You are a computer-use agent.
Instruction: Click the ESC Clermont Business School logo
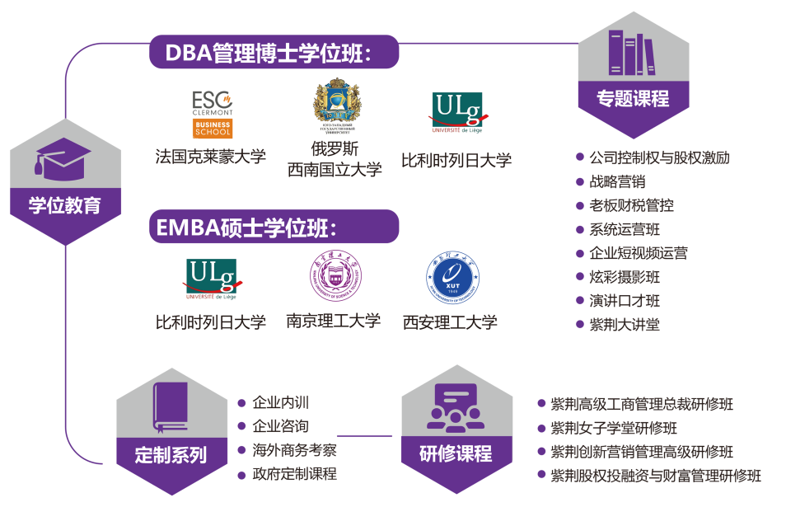click(213, 114)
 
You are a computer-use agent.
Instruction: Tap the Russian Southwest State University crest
click(338, 106)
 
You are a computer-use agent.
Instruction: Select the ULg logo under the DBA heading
click(458, 113)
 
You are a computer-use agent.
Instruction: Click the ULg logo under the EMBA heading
click(212, 279)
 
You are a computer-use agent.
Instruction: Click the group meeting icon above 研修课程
click(455, 409)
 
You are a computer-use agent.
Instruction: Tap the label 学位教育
click(64, 205)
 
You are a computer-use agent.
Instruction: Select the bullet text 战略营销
click(617, 181)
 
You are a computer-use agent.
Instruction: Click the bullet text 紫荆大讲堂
click(625, 324)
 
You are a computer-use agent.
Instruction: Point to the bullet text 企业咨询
click(281, 427)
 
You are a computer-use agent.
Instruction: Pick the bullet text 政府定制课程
click(294, 474)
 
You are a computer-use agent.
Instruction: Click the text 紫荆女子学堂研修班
click(614, 429)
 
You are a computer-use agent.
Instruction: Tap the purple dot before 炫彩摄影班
click(580, 277)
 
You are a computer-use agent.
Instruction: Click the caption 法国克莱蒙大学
click(211, 157)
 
